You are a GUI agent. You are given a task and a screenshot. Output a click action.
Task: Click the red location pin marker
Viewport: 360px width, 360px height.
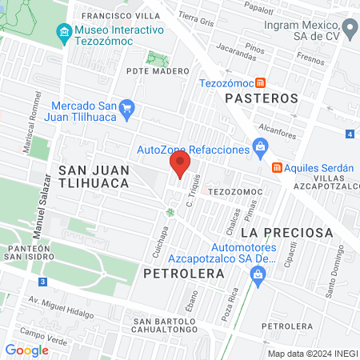click(x=180, y=165)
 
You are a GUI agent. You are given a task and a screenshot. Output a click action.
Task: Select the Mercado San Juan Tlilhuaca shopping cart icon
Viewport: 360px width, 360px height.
click(x=126, y=107)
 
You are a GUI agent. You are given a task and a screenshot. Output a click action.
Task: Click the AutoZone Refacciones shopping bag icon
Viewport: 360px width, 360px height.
click(x=259, y=146)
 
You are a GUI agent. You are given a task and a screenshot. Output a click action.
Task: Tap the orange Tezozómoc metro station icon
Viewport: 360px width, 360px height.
click(x=261, y=82)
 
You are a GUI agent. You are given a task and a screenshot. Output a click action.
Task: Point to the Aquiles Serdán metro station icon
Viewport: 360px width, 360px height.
click(x=277, y=167)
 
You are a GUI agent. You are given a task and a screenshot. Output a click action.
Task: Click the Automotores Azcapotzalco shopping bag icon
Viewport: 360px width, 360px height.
click(x=258, y=274)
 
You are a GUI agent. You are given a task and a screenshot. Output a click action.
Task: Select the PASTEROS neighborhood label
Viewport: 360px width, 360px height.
click(x=262, y=98)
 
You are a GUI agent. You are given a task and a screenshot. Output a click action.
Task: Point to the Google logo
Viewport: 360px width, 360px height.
click(x=26, y=350)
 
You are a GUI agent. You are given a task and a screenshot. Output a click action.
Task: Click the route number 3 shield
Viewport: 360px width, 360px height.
click(x=42, y=282)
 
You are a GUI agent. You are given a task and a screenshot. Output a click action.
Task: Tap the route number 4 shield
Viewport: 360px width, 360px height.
click(x=350, y=134)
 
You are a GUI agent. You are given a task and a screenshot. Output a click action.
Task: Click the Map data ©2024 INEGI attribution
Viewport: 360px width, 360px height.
click(x=312, y=353)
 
